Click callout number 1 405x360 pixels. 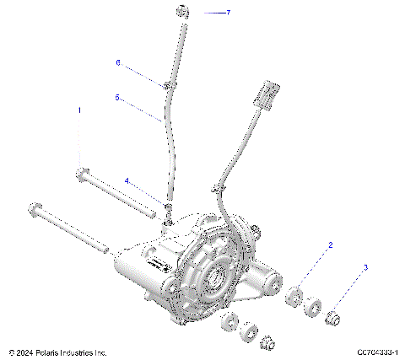[80, 110]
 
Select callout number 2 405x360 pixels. [331, 245]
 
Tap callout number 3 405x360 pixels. [365, 268]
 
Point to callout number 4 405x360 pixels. [127, 180]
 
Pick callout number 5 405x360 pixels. [117, 98]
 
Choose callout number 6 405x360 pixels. [118, 63]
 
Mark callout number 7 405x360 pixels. [227, 13]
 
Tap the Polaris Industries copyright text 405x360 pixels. [57, 352]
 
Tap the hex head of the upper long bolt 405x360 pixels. [80, 174]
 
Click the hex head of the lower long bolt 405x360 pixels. [35, 209]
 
